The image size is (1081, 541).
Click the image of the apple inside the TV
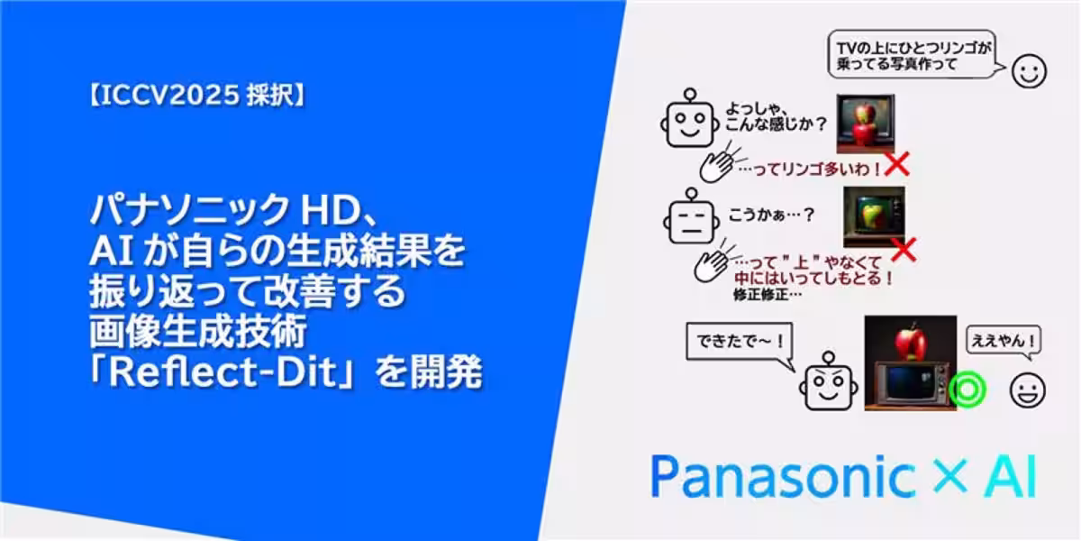pos(873,217)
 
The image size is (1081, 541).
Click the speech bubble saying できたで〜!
pos(733,344)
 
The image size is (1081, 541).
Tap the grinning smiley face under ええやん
pos(1028,390)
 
